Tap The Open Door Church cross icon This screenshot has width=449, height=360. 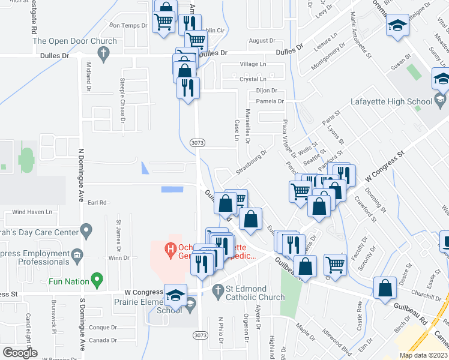coord(103,54)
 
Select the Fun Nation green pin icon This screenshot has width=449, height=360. coord(95,280)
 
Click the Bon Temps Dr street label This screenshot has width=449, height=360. coord(128,25)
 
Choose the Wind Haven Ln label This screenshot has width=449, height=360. coord(32,212)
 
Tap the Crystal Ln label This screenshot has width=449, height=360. coord(253,79)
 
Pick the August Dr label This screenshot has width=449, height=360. coord(262,41)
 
